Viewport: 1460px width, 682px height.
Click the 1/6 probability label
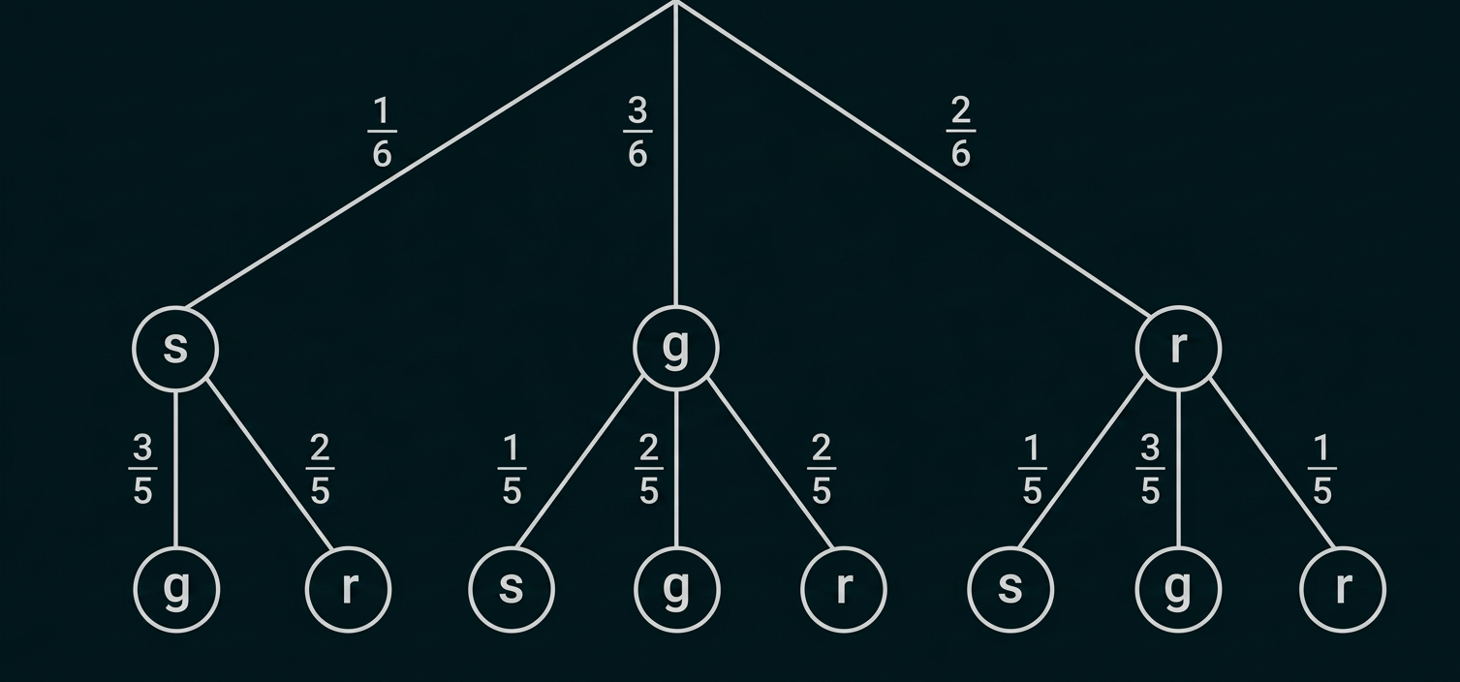tap(382, 132)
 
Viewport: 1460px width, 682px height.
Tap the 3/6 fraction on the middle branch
tap(637, 132)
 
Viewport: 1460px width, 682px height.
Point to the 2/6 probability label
tap(961, 132)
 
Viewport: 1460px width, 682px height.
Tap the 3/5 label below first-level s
tap(142, 469)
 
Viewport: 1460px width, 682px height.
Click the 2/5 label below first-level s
tap(320, 469)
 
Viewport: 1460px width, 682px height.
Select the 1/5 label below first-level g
tap(512, 469)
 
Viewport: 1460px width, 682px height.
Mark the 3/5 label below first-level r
tap(1150, 469)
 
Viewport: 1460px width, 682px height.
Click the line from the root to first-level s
tap(430, 155)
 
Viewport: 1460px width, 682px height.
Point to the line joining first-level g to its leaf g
tap(676, 470)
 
